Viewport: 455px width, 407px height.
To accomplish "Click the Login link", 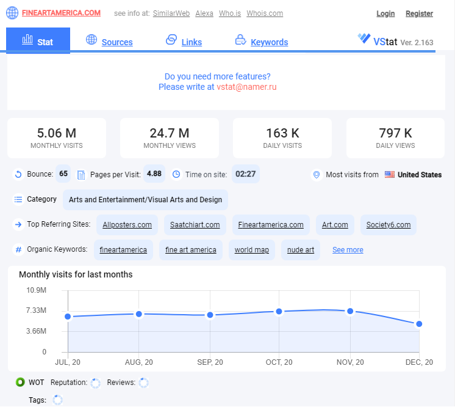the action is tap(385, 13).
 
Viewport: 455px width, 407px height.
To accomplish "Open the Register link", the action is tap(419, 13).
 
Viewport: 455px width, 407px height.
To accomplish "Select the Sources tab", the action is tap(117, 42).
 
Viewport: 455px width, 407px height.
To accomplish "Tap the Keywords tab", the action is tap(270, 42).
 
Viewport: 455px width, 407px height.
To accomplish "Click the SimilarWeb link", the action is tap(171, 13).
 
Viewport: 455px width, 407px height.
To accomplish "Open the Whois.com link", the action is tap(265, 13).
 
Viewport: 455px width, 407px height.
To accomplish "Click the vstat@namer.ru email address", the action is tap(246, 87).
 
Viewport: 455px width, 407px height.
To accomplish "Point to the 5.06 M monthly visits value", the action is tap(57, 133).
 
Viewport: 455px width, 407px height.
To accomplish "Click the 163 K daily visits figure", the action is tap(282, 133).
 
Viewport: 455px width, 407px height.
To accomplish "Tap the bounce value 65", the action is tap(63, 174).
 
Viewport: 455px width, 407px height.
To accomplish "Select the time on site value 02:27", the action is tap(245, 174).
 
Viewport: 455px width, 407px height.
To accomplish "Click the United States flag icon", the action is tap(389, 174).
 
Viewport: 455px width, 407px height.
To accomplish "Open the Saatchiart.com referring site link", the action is tap(195, 225).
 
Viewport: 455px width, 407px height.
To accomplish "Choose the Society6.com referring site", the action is tap(389, 225).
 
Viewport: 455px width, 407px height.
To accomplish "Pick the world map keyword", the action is tap(251, 250).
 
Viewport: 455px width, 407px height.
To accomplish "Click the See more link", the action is tap(348, 250).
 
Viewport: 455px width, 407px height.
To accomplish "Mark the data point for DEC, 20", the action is tap(419, 324).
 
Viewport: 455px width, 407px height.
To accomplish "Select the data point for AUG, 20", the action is tap(138, 314).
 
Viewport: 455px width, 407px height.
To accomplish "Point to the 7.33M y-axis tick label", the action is tap(36, 310).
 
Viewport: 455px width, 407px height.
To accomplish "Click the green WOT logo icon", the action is tap(20, 382).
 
